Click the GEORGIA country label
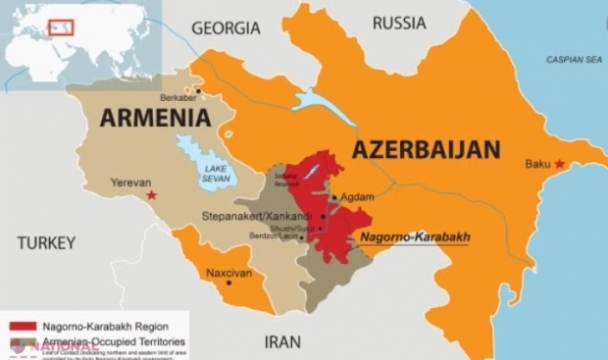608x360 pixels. click(x=226, y=28)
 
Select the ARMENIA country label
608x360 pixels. click(x=155, y=119)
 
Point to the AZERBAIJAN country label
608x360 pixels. click(x=427, y=150)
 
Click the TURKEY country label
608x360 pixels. click(x=46, y=241)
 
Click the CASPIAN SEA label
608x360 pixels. click(x=574, y=59)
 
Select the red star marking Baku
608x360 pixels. click(x=559, y=164)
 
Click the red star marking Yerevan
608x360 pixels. click(x=151, y=196)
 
